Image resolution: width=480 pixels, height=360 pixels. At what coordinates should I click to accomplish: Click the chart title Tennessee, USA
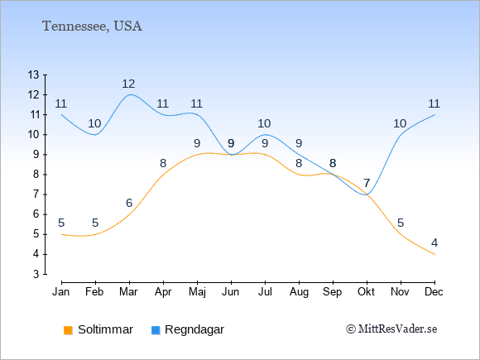92,26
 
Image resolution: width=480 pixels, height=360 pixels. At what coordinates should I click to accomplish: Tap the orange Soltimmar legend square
68,330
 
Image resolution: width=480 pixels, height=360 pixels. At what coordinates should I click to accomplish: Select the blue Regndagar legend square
156,330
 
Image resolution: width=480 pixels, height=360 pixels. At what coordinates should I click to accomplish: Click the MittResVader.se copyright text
391,329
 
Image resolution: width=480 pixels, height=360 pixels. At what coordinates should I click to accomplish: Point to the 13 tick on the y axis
33,74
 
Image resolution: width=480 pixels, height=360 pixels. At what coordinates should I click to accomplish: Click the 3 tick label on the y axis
36,274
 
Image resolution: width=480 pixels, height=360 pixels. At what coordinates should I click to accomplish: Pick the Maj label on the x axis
197,292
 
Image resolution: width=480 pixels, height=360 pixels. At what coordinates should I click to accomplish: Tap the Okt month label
366,292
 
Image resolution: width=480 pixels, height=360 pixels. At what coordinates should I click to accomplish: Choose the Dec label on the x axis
434,292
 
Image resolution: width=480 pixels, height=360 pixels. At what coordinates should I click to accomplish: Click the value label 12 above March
128,84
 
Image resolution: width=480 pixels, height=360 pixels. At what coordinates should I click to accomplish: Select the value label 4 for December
434,242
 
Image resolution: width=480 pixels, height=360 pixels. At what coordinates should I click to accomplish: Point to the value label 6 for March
129,203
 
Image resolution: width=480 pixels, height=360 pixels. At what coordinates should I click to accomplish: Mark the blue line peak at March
129,94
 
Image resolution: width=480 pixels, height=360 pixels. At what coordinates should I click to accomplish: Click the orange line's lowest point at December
434,254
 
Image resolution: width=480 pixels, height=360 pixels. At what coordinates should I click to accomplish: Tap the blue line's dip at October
367,194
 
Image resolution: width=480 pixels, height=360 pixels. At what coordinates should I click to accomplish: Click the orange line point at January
62,234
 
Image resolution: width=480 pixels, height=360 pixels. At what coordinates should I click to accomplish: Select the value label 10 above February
94,123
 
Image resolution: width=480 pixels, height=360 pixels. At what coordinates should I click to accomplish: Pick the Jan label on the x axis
61,292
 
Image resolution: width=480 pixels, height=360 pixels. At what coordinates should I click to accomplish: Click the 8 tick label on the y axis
36,175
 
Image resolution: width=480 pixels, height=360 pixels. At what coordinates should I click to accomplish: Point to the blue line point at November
401,135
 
